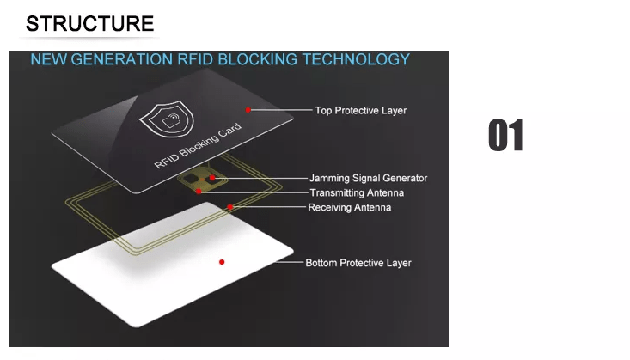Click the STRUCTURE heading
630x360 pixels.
(89, 24)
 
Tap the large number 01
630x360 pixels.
(506, 136)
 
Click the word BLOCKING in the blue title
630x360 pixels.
(258, 59)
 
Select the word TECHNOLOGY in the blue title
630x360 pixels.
(356, 59)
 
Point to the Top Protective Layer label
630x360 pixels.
(360, 111)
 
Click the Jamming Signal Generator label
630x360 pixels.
(368, 178)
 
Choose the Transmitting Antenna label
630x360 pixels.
(357, 192)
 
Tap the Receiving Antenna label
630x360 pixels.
(349, 207)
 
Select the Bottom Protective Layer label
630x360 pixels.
(358, 263)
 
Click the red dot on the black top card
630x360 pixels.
(248, 110)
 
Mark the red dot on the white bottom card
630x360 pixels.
(222, 262)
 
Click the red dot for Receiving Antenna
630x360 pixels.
(229, 207)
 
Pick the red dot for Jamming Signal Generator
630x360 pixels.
(212, 178)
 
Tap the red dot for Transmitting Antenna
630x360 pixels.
(199, 192)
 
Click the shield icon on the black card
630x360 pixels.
(167, 119)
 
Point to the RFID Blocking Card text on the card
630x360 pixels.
(198, 145)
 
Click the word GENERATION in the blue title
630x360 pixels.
(122, 59)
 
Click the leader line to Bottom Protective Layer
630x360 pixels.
(290, 262)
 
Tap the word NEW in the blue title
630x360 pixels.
(49, 59)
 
